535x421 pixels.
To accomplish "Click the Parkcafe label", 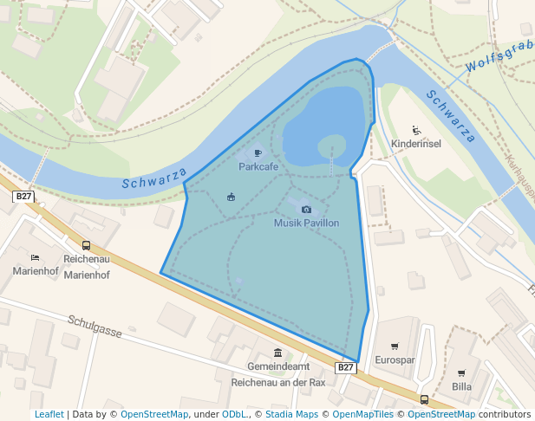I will tap(258, 165).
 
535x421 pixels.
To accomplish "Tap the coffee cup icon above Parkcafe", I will tap(258, 152).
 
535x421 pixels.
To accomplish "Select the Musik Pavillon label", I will tap(306, 223).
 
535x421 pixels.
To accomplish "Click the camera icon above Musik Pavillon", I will tap(306, 209).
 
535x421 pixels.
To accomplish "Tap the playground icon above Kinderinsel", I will tap(416, 130).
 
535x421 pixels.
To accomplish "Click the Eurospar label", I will tap(395, 359).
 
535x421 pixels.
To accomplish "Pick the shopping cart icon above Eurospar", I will tap(395, 346).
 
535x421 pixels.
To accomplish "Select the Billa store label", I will tap(461, 386).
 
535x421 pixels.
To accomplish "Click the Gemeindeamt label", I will tap(277, 366).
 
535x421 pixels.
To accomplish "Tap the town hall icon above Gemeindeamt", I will tap(277, 353).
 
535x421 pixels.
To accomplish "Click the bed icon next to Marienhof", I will tap(35, 257).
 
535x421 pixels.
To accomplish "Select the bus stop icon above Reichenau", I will tap(86, 245).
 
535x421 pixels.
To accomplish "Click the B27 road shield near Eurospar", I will tap(345, 367).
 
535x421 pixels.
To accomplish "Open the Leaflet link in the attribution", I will tap(49, 415).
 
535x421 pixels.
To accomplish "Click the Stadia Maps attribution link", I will tap(290, 415).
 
